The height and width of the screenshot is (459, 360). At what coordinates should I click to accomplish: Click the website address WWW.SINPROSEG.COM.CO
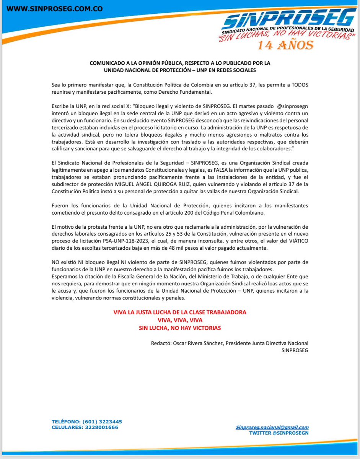click(x=55, y=9)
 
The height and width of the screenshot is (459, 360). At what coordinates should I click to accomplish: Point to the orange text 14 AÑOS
click(x=285, y=45)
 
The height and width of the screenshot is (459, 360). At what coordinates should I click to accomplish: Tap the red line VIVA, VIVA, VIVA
click(x=180, y=320)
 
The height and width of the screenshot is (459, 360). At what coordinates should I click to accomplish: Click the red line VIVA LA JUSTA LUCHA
click(x=180, y=312)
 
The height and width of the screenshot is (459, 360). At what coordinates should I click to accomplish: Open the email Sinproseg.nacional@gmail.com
click(x=272, y=427)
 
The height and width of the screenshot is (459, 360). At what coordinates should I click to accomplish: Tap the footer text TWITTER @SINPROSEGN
click(x=279, y=433)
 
